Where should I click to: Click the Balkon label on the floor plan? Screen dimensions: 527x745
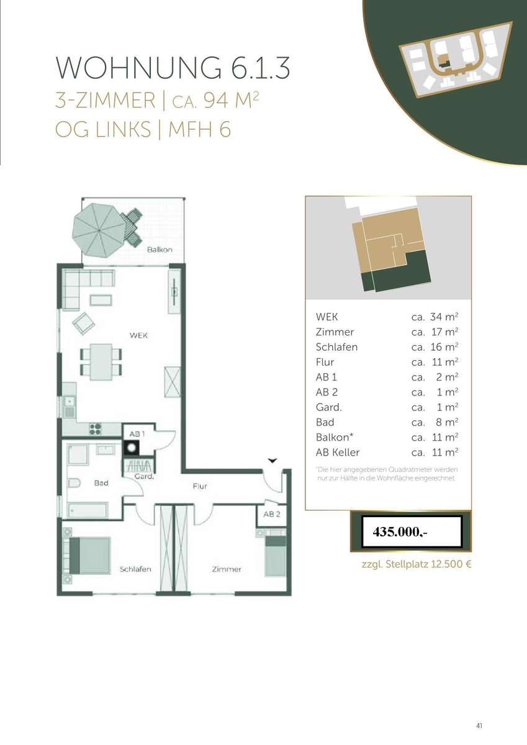pyautogui.click(x=160, y=250)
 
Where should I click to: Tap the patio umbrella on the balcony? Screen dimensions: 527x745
pyautogui.click(x=99, y=230)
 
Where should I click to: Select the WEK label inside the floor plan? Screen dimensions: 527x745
pyautogui.click(x=138, y=335)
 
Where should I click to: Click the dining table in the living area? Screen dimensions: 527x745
pyautogui.click(x=101, y=362)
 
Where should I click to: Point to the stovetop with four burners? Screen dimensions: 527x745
pyautogui.click(x=95, y=429)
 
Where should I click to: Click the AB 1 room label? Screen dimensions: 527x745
pyautogui.click(x=137, y=434)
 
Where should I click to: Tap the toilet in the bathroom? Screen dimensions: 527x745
pyautogui.click(x=74, y=482)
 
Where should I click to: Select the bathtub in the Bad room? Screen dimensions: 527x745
pyautogui.click(x=88, y=510)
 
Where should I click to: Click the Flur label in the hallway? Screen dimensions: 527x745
pyautogui.click(x=200, y=486)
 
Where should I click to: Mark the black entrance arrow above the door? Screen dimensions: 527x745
pyautogui.click(x=273, y=461)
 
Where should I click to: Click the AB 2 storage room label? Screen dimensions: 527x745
pyautogui.click(x=272, y=514)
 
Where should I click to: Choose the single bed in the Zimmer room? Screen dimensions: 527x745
pyautogui.click(x=276, y=556)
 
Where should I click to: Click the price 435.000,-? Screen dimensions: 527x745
pyautogui.click(x=400, y=532)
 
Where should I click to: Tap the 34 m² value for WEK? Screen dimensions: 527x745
pyautogui.click(x=444, y=317)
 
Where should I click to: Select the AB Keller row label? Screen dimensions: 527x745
pyautogui.click(x=338, y=453)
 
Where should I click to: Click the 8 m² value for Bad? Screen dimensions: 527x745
pyautogui.click(x=447, y=422)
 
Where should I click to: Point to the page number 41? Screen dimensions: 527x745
pyautogui.click(x=479, y=725)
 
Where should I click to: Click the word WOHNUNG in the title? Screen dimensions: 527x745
pyautogui.click(x=138, y=68)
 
